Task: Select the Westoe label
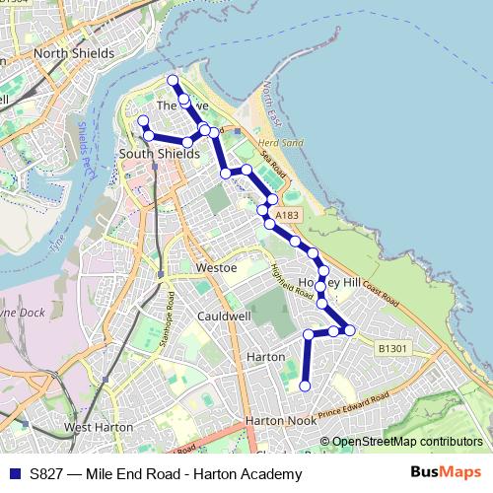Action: click(217, 267)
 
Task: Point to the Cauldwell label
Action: click(224, 317)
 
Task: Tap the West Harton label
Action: click(99, 427)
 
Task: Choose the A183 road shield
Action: click(287, 215)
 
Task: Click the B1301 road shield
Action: click(392, 348)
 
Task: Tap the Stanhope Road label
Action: click(167, 320)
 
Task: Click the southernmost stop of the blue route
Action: click(305, 386)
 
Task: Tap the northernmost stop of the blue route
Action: click(173, 80)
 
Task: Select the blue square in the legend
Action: click(13, 474)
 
